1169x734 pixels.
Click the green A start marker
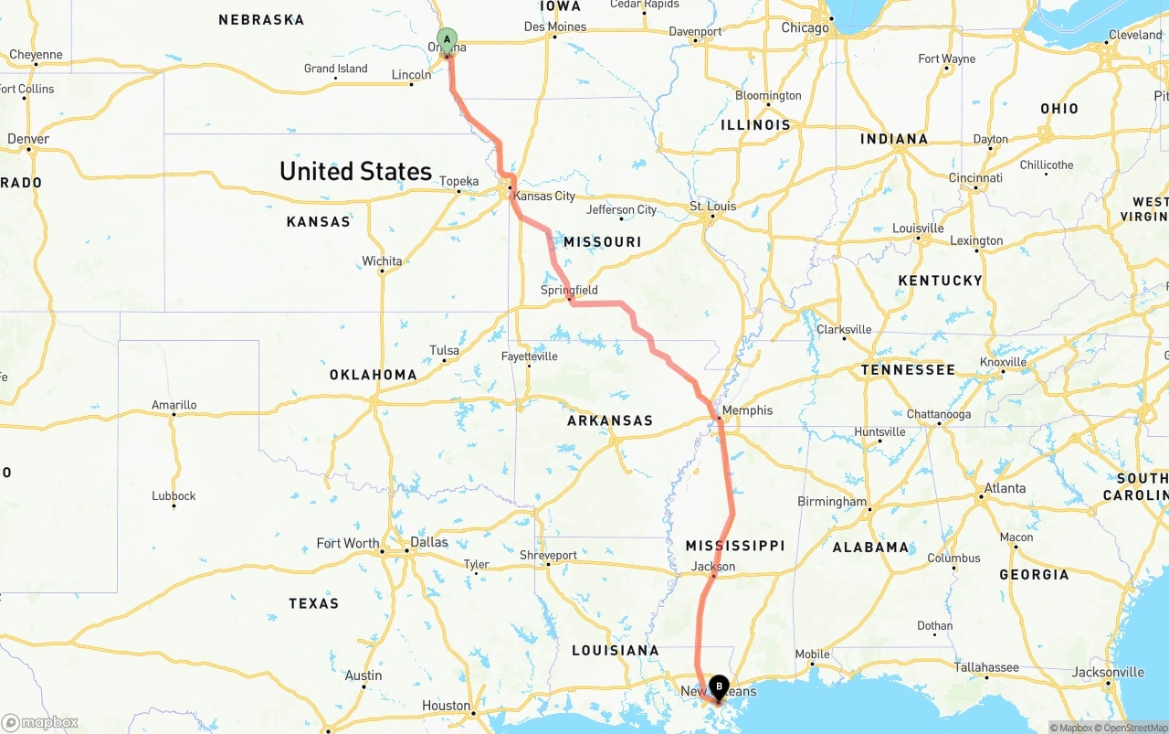(x=447, y=39)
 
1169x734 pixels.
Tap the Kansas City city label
(x=544, y=196)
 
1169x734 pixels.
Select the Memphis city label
(x=747, y=410)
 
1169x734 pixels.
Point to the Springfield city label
(x=569, y=290)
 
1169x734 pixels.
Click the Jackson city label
(x=712, y=567)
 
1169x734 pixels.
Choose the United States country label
(x=355, y=171)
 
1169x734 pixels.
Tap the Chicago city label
(x=805, y=27)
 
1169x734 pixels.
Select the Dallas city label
(x=428, y=542)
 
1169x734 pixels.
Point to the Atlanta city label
(x=1005, y=488)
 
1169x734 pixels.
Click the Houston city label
(x=446, y=706)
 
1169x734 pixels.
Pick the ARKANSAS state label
(x=610, y=420)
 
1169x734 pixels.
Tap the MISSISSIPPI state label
(x=735, y=546)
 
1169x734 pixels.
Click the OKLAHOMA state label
(x=373, y=374)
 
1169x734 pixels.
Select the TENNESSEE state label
(x=908, y=370)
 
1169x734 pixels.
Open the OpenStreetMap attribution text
(x=1132, y=728)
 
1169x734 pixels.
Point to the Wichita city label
(x=382, y=261)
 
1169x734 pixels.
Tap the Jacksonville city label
(x=1108, y=673)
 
